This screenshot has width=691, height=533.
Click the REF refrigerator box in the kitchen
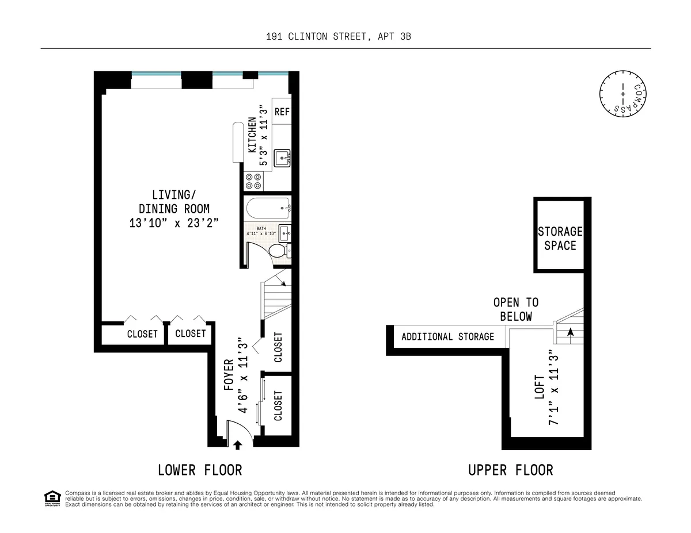282,112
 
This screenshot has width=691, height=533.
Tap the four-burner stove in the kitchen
253,182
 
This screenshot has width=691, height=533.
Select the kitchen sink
282,156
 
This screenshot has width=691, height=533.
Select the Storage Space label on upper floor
560,239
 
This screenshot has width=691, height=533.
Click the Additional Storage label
447,336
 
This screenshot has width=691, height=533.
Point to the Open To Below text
515,309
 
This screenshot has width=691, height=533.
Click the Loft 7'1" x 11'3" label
546,388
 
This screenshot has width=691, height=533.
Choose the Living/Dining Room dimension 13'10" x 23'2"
174,223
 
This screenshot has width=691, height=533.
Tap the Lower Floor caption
200,470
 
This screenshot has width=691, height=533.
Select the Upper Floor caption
510,470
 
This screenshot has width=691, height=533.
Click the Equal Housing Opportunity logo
52,498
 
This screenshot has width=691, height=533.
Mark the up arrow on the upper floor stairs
571,332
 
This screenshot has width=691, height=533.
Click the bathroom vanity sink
284,233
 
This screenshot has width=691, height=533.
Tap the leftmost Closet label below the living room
142,334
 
